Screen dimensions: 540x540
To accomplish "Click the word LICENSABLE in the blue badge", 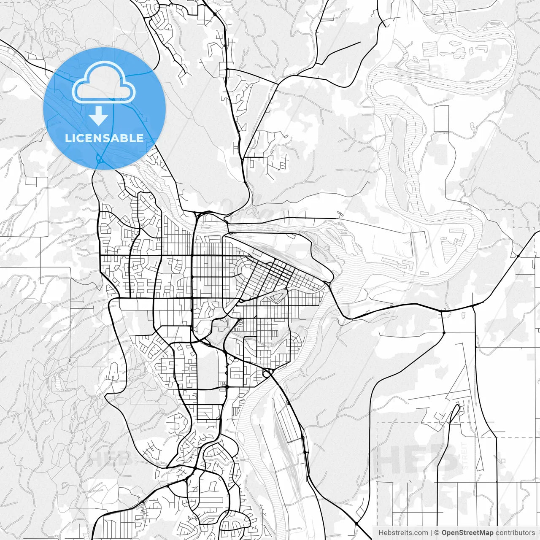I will click(x=104, y=138).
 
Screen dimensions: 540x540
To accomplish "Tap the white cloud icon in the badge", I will click(x=104, y=83).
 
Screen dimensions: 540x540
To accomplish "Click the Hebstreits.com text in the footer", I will click(x=403, y=533).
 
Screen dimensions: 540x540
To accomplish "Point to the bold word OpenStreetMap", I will click(x=467, y=533).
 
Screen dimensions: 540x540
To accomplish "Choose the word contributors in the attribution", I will click(x=515, y=533).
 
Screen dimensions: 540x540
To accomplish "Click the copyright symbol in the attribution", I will click(x=437, y=533).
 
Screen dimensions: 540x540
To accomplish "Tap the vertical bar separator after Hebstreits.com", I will click(x=431, y=533).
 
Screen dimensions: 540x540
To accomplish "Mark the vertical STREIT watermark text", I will click(x=465, y=456).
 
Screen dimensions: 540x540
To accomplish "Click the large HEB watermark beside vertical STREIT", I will click(x=418, y=458).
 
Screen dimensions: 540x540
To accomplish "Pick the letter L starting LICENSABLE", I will click(x=67, y=138).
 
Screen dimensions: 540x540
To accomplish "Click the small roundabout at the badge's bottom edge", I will click(x=100, y=160).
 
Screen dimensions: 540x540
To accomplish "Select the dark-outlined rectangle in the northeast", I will click(x=441, y=119).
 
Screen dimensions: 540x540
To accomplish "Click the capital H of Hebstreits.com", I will click(x=381, y=533).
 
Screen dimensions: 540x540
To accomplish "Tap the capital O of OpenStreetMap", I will click(x=445, y=533).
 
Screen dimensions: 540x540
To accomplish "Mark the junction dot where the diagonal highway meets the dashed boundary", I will click(x=518, y=256).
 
